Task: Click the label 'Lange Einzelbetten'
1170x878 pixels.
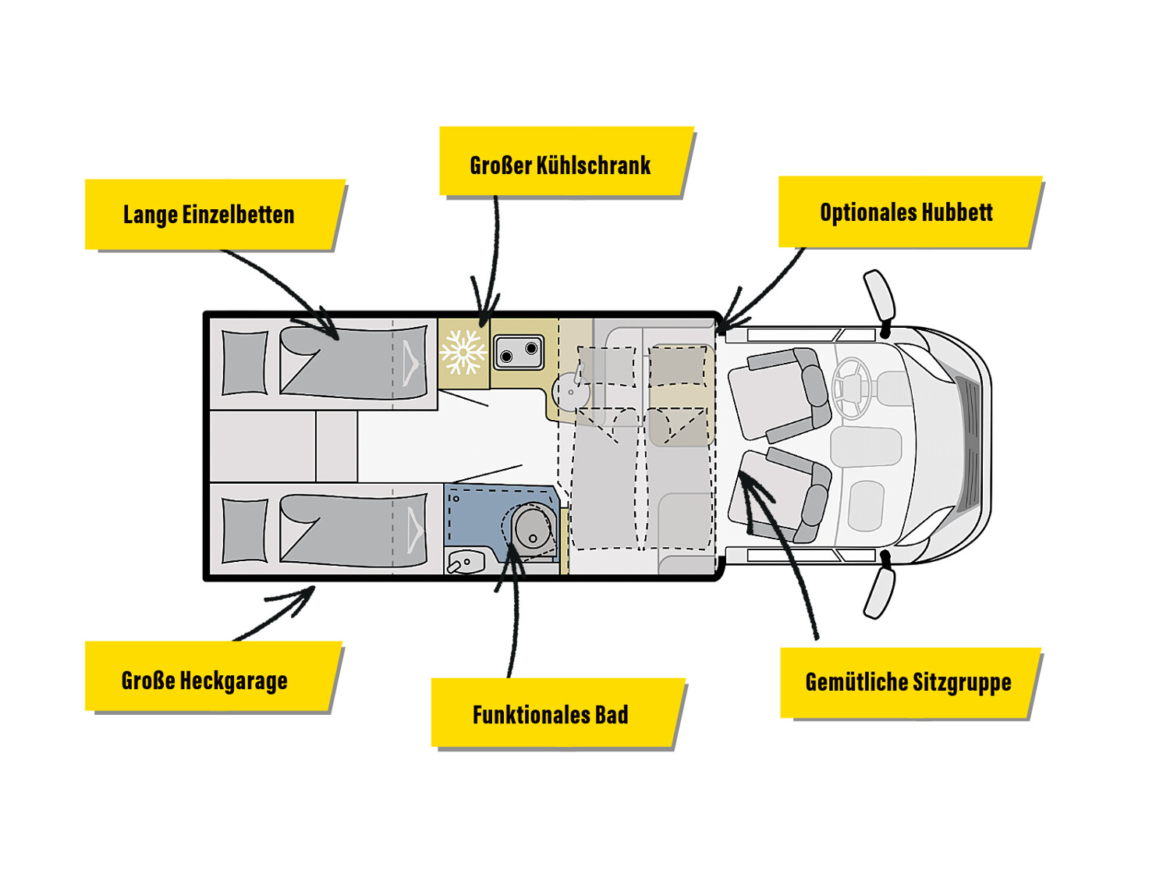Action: (209, 215)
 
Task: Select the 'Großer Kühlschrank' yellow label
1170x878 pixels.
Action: (560, 165)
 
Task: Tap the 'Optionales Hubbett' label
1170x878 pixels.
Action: (906, 212)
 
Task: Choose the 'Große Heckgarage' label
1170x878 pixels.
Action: (204, 681)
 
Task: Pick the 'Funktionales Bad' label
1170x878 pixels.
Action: (550, 714)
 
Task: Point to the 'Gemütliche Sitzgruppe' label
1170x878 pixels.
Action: (908, 682)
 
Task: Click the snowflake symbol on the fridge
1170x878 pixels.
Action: (463, 352)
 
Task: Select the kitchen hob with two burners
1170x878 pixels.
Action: (519, 351)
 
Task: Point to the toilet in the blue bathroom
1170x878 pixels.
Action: (532, 527)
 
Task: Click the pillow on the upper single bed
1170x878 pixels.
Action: (245, 363)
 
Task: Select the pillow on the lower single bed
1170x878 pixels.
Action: (245, 531)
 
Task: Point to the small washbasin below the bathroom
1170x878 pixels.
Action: (466, 561)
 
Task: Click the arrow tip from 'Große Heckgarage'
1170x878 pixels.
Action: (313, 589)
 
